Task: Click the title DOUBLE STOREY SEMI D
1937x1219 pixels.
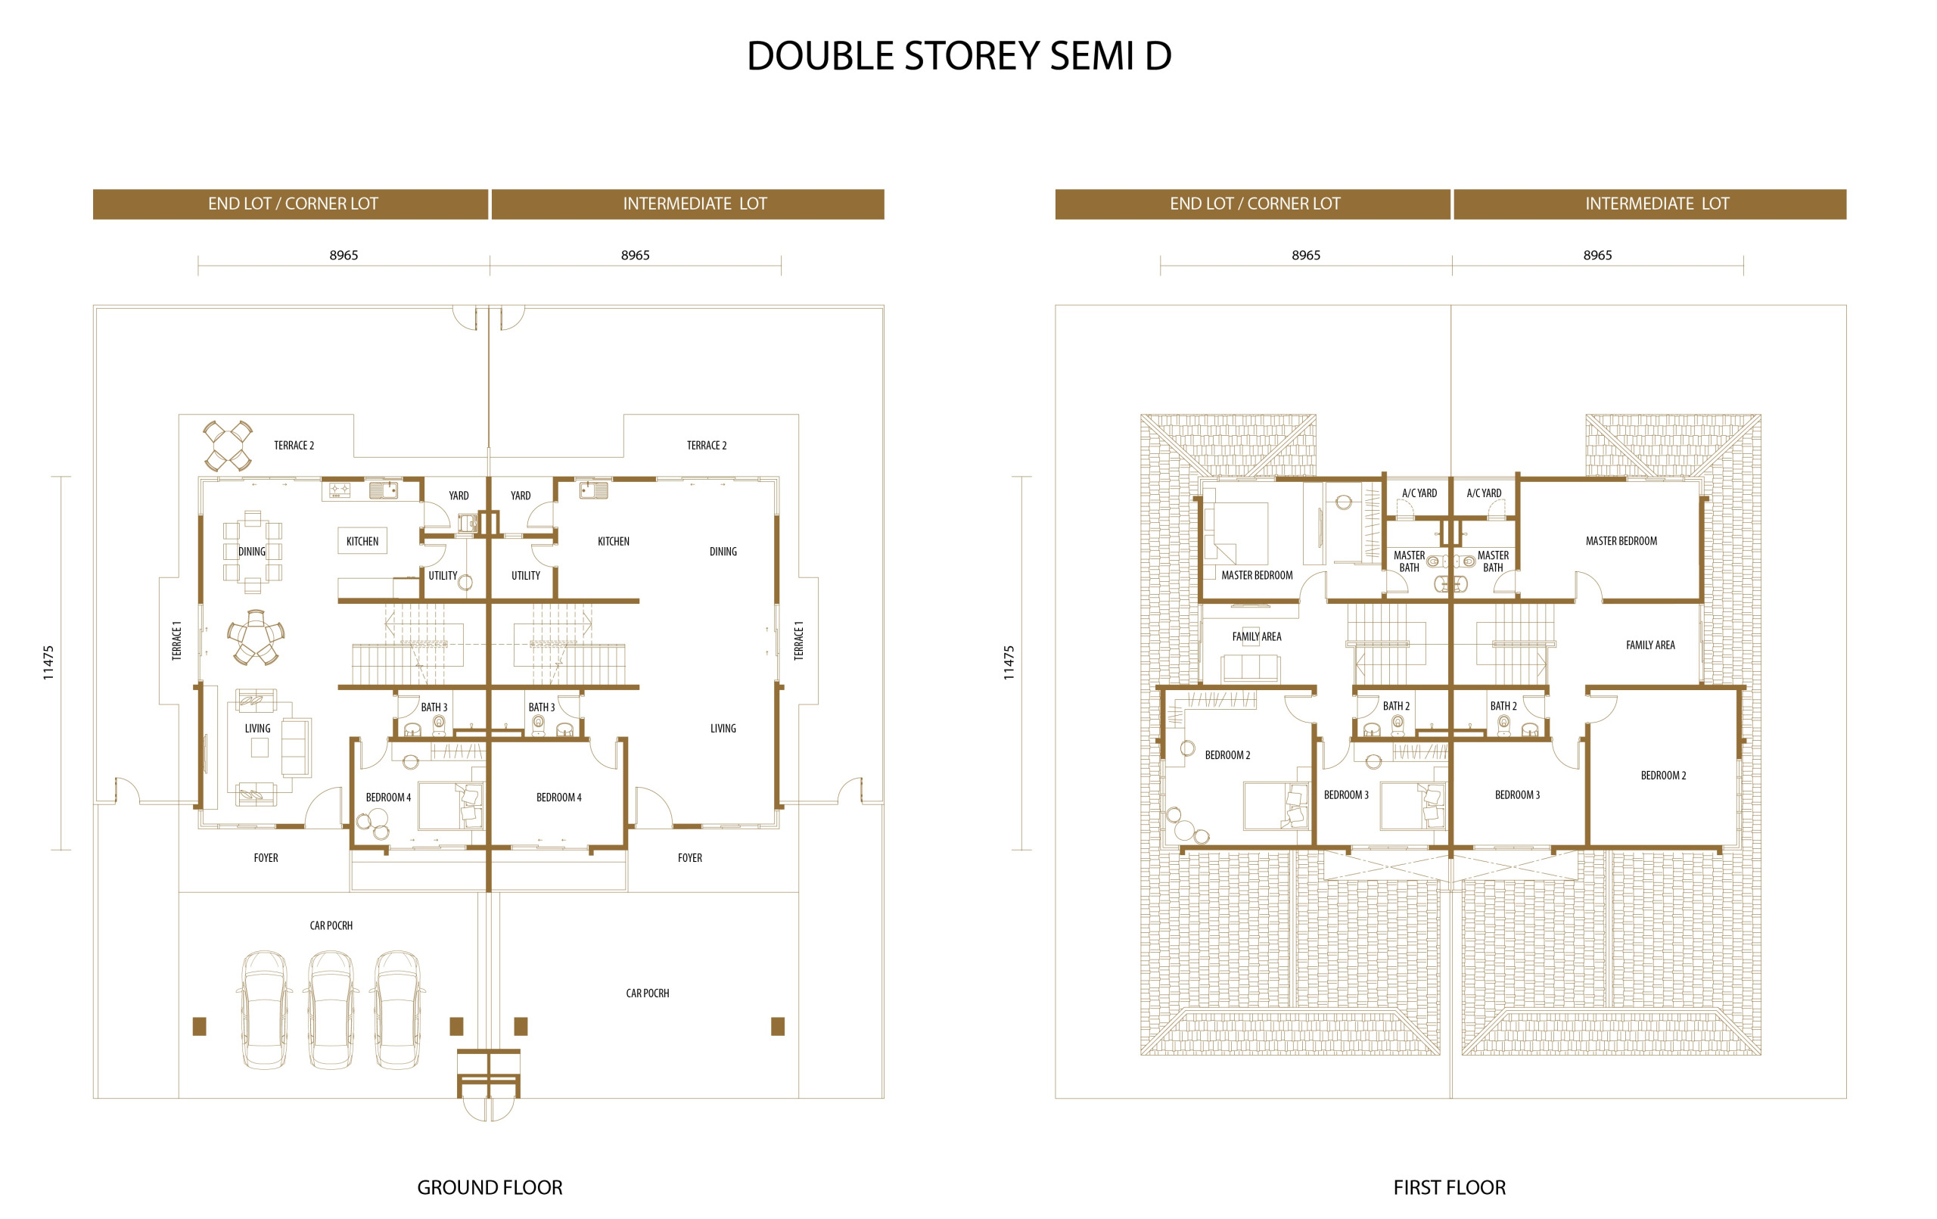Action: point(959,56)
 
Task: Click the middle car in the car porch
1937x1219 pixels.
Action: point(331,1010)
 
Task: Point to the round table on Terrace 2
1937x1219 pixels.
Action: point(228,446)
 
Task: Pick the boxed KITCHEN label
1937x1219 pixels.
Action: point(362,542)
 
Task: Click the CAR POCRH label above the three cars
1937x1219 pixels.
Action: point(331,926)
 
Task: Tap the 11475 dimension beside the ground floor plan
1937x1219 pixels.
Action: point(48,663)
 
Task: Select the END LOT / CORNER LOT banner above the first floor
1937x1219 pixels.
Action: point(1255,204)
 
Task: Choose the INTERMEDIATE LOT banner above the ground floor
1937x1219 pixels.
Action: point(689,204)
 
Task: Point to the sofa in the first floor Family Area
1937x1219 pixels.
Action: point(1250,668)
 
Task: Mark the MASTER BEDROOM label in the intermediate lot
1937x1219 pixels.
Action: point(1621,542)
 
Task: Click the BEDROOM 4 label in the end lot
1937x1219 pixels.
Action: point(388,798)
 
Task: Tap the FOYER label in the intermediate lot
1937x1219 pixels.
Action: point(690,859)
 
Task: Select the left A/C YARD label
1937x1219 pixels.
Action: point(1419,493)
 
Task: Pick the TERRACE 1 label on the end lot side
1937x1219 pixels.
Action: point(177,640)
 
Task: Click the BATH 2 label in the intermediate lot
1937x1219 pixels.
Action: point(1503,707)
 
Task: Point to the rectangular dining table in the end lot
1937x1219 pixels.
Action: point(253,552)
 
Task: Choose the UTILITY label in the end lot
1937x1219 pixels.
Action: point(443,576)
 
